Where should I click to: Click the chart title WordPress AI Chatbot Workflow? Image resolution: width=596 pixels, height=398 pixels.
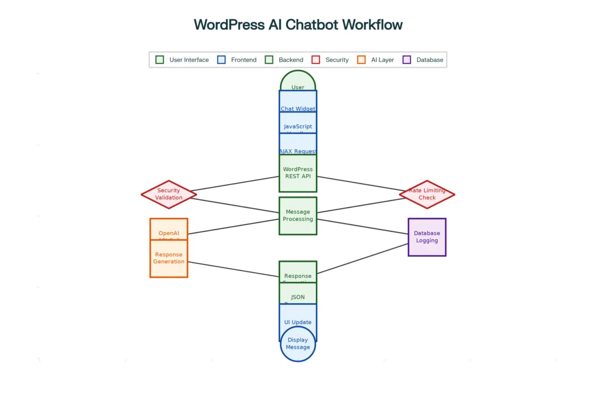point(297,24)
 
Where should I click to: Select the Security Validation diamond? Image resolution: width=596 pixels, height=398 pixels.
point(169,194)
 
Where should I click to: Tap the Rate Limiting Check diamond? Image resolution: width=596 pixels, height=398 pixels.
point(427,194)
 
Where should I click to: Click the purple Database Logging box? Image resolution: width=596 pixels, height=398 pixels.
point(427,237)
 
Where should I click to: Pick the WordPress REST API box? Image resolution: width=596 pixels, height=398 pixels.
point(297,173)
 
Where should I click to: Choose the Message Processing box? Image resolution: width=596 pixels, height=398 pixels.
point(297,216)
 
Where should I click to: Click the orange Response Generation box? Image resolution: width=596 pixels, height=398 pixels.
point(168,258)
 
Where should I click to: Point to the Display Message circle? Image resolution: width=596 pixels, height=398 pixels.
point(297,344)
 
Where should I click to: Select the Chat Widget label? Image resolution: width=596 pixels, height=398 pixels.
point(297,108)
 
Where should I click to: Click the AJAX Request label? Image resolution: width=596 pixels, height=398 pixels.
point(297,151)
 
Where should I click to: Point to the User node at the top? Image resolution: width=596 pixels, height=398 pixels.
point(297,83)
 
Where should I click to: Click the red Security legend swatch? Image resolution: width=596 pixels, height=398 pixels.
point(316,59)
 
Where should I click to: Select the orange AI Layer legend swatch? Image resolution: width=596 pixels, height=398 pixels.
point(361,59)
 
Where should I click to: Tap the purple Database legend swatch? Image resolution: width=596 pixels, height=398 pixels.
point(406,59)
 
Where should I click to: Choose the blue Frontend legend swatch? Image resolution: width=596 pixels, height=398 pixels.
point(221,59)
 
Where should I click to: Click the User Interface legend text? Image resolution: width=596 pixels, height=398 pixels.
point(189,59)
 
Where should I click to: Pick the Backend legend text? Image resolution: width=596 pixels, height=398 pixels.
point(290,59)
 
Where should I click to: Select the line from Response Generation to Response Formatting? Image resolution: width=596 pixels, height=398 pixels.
point(233,269)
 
